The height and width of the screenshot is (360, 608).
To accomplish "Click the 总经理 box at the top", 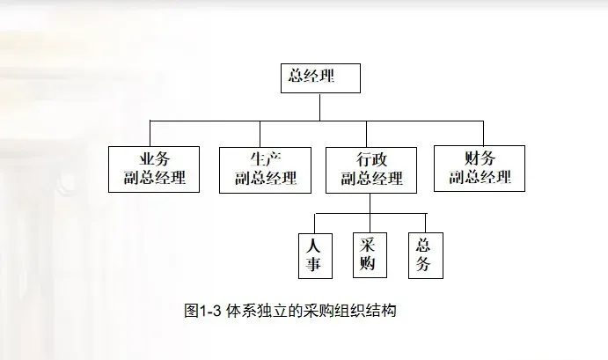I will pos(319,77).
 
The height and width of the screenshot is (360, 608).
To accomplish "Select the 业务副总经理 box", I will pos(154,169).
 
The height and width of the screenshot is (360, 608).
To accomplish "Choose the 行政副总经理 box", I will pos(371,169).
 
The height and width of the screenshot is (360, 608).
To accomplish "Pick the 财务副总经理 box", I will pos(480,168).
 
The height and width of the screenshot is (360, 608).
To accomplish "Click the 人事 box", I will pos(314,254).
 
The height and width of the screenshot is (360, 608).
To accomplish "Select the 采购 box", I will pos(370,254).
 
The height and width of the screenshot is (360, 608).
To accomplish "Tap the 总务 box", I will pos(424,254).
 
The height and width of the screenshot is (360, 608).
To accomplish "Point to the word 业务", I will pos(154,159).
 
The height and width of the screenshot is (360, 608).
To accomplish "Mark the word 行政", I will pos(371,159).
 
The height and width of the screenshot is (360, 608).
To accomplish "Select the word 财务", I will pos(480,158).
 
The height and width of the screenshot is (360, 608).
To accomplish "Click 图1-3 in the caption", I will pos(203,311).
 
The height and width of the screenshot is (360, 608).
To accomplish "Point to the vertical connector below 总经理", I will pos(319,106).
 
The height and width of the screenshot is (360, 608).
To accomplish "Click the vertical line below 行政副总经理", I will pos(370,203).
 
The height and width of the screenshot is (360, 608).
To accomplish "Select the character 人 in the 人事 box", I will pos(314,245).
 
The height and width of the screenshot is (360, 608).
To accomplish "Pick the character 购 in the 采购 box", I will pos(370,264).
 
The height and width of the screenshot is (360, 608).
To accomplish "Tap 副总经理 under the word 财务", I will pos(480,178).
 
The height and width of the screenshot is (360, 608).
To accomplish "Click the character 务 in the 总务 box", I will pos(424,264).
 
